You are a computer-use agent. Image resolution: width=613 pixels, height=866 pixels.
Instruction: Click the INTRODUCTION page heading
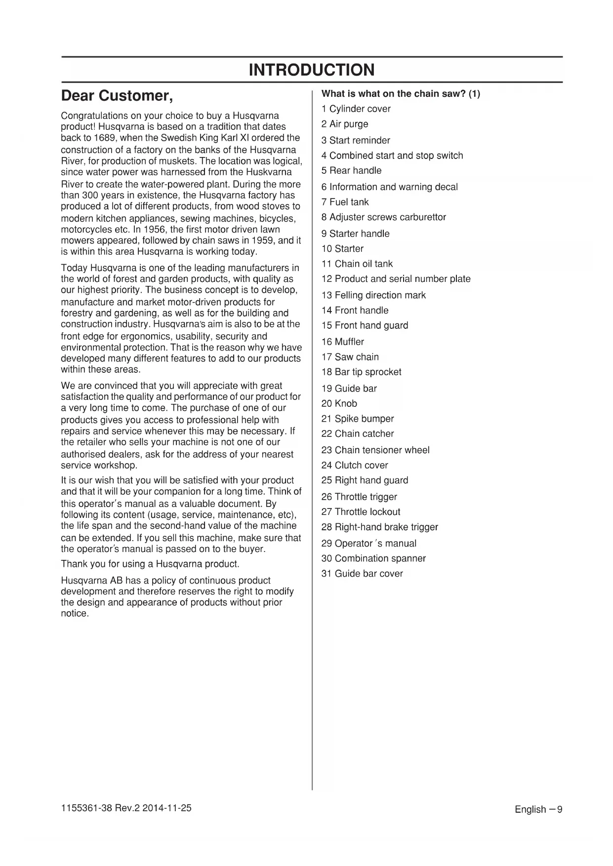tap(312, 70)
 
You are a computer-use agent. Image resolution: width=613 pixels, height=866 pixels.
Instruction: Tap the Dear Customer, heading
tap(117, 95)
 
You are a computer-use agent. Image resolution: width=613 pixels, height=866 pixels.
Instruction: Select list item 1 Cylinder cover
tap(356, 109)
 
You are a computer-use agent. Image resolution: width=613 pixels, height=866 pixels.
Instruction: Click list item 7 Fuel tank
tap(345, 202)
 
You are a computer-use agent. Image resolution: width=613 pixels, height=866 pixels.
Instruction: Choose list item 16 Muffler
tap(342, 342)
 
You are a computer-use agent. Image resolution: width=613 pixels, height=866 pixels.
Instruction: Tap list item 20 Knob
tap(339, 403)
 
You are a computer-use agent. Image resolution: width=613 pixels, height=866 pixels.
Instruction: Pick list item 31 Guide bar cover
tap(362, 574)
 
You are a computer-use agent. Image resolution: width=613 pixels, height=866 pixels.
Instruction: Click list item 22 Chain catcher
tap(357, 434)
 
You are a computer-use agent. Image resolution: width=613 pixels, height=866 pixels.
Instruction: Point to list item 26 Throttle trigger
tap(359, 497)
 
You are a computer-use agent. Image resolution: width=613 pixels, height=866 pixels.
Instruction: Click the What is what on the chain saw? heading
tap(400, 94)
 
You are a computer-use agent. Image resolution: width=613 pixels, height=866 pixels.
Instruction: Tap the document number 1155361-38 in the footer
tap(83, 808)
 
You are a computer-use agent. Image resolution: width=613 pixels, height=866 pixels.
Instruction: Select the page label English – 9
tap(538, 809)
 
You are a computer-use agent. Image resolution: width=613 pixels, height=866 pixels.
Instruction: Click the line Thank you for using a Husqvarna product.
tap(150, 564)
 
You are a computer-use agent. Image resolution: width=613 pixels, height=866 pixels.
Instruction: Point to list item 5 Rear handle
tap(351, 171)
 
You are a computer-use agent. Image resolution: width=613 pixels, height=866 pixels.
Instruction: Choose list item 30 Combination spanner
tap(373, 558)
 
